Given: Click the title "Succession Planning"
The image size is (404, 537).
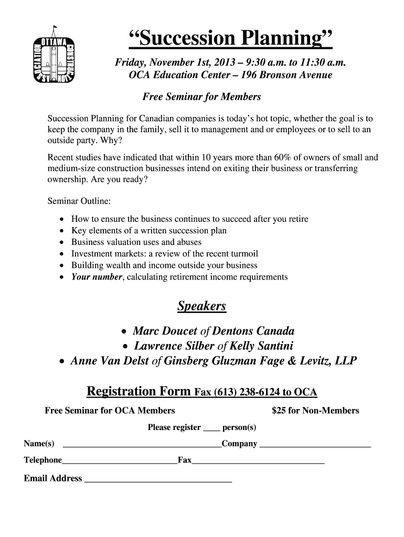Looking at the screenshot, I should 230,38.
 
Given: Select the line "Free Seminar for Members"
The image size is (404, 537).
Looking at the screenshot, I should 201,97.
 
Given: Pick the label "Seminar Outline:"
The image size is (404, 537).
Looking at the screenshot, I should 79,201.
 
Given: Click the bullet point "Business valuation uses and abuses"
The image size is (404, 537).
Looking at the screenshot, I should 136,242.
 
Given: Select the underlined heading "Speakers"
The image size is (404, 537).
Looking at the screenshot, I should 201,306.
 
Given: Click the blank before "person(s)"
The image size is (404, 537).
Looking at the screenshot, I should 211,428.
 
